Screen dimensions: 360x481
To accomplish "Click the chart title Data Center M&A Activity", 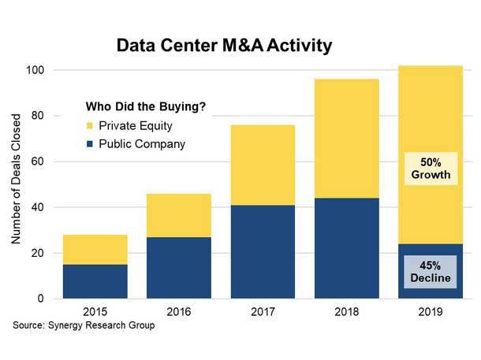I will pos(225,46).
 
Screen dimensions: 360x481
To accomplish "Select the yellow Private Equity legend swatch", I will pos(89,126).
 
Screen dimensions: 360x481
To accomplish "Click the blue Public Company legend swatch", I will pos(89,144).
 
